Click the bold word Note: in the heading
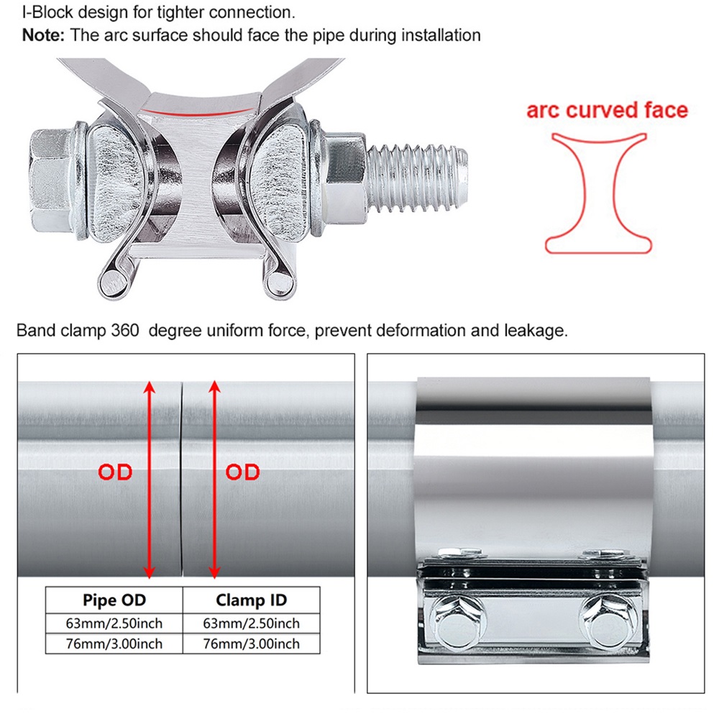tap(43, 35)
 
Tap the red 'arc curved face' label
tap(607, 110)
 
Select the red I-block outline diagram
tap(598, 193)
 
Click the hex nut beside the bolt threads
tap(344, 180)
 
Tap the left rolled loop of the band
tap(113, 282)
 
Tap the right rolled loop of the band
tap(279, 283)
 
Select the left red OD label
tap(115, 472)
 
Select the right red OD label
tap(242, 472)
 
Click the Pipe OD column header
tap(114, 600)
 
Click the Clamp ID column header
tap(251, 600)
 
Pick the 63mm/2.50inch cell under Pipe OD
tap(114, 623)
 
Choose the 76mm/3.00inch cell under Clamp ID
tap(251, 644)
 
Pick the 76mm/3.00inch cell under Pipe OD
tap(114, 644)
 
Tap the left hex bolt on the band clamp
tap(458, 621)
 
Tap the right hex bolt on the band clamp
tap(607, 621)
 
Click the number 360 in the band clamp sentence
tap(124, 330)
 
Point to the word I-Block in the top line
tap(48, 12)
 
